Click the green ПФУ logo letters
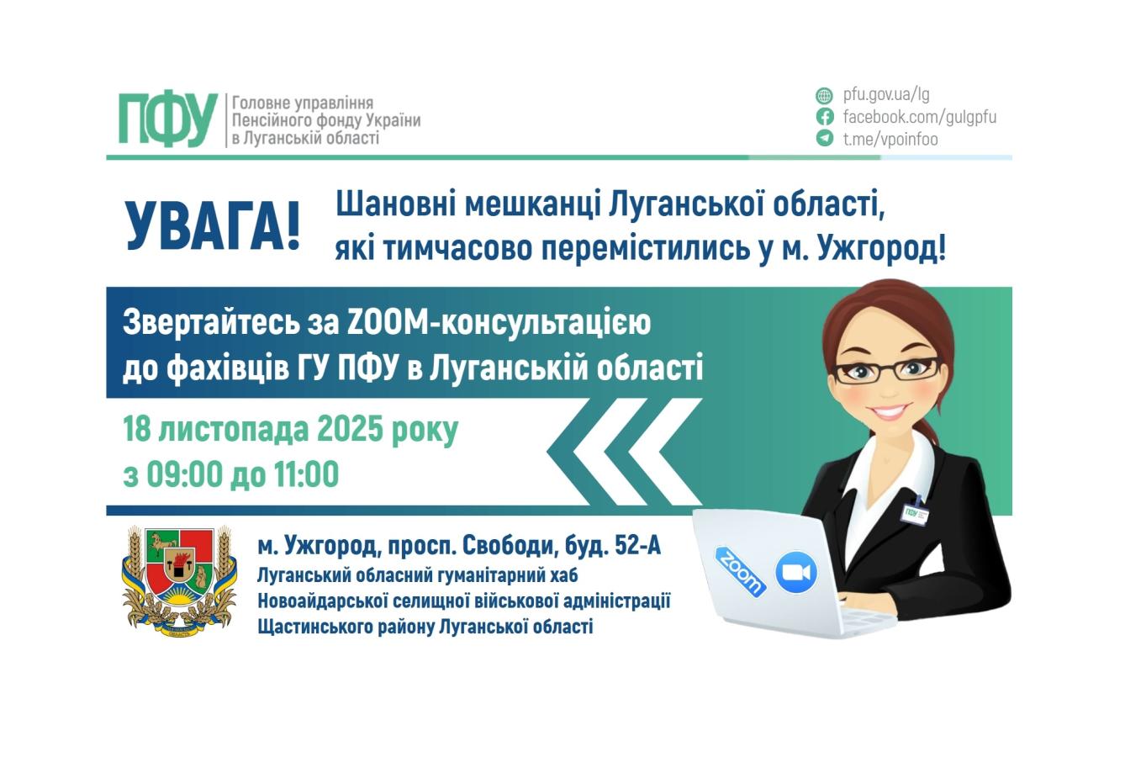click(x=167, y=119)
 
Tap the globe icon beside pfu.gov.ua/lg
click(x=824, y=95)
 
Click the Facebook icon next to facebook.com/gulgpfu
click(x=824, y=117)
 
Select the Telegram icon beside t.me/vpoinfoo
click(x=824, y=139)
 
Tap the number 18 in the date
click(x=137, y=431)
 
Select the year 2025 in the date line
click(x=351, y=431)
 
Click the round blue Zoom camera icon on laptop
click(x=795, y=573)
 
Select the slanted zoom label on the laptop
click(x=741, y=571)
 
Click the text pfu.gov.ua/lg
click(x=886, y=95)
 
